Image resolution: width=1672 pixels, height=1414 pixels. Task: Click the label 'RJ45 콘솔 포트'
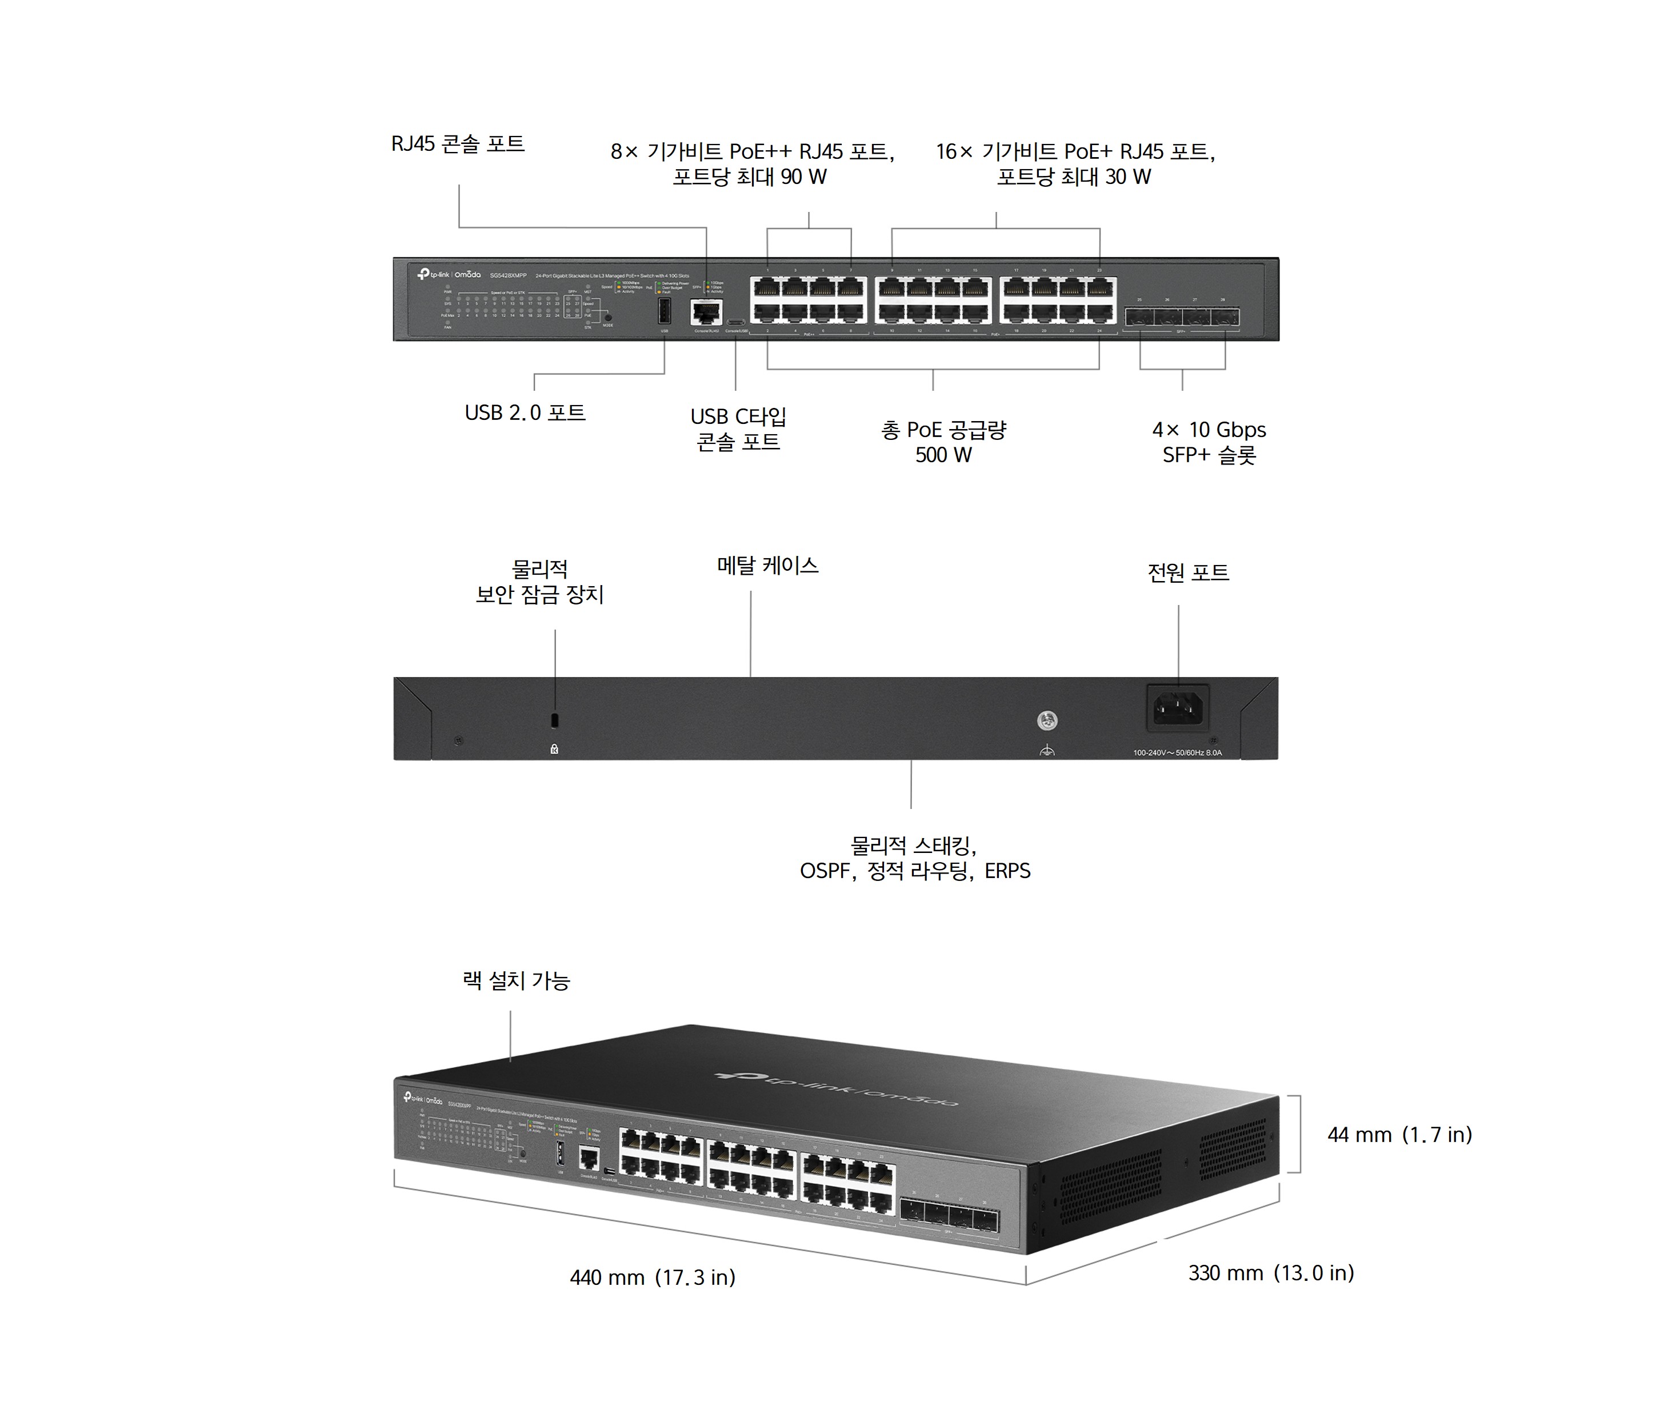coord(458,145)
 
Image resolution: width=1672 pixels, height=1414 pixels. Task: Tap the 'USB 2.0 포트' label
coord(525,413)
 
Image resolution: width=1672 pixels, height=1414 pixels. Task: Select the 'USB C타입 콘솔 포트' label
coord(738,429)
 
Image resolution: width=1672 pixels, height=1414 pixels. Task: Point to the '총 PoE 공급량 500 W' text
coord(943,442)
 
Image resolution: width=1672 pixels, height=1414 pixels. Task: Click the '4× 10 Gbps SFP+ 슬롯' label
coord(1209,442)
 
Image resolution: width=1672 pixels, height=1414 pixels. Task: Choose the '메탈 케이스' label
coord(767,566)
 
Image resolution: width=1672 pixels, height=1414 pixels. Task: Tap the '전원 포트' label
coord(1188,572)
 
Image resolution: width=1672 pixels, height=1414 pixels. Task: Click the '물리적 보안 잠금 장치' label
coord(539,582)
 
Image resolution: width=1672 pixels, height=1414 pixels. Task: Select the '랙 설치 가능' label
coord(516,980)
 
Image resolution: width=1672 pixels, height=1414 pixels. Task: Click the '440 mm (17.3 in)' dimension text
coord(653,1277)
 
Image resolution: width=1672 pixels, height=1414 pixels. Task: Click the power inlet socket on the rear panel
coord(1178,708)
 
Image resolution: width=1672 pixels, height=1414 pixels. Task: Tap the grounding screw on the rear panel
coord(1047,720)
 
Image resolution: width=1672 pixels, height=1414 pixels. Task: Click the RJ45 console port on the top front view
coord(705,312)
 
